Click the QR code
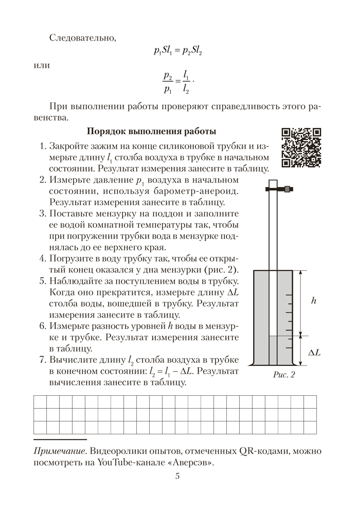[x=301, y=148]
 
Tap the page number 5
[x=177, y=475]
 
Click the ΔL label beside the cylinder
[x=314, y=353]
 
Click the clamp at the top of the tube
[x=278, y=189]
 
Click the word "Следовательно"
[x=83, y=38]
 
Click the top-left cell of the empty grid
[x=40, y=401]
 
